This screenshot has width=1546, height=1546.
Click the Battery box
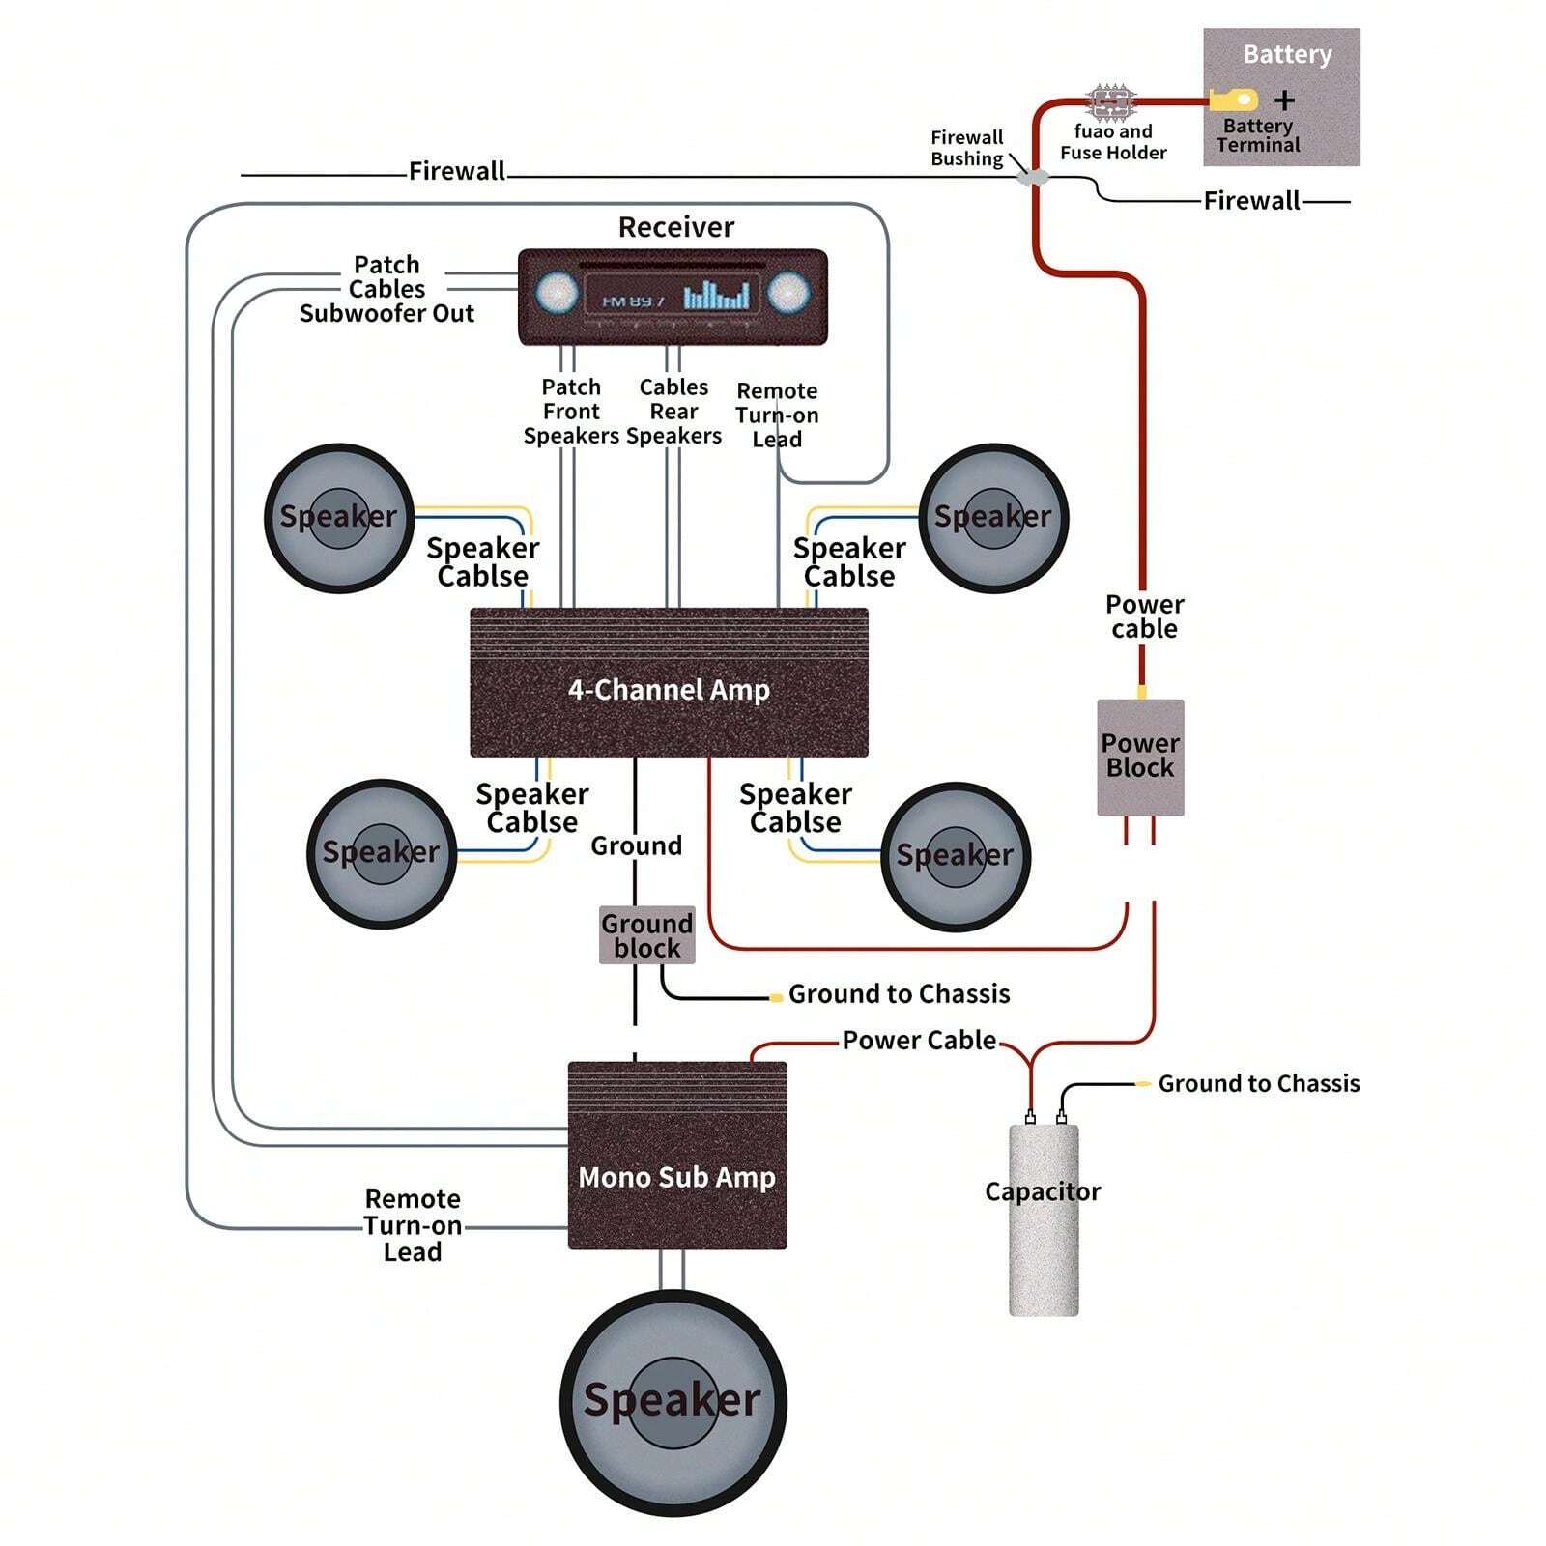[1281, 97]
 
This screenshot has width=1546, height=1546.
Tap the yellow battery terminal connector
[1234, 100]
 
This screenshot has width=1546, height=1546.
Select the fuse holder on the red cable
[1111, 100]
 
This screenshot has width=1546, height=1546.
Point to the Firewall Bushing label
[966, 148]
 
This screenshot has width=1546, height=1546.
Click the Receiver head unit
[673, 297]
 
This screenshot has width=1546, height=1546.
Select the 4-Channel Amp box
[669, 683]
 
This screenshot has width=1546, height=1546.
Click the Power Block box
[1140, 757]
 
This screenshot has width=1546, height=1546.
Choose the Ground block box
[646, 935]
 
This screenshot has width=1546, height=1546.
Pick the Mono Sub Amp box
[676, 1157]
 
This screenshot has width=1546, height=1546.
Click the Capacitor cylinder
[1044, 1219]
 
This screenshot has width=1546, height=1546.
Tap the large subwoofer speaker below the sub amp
[673, 1401]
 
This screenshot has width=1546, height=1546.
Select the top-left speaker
[339, 518]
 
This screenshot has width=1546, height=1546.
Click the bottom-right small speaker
[956, 856]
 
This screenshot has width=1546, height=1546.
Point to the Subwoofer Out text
[386, 314]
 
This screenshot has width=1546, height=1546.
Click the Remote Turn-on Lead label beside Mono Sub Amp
[413, 1225]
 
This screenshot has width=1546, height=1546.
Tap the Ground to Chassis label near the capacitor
[1258, 1084]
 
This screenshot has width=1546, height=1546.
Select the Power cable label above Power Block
[1144, 616]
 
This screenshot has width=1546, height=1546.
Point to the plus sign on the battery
[1284, 100]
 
